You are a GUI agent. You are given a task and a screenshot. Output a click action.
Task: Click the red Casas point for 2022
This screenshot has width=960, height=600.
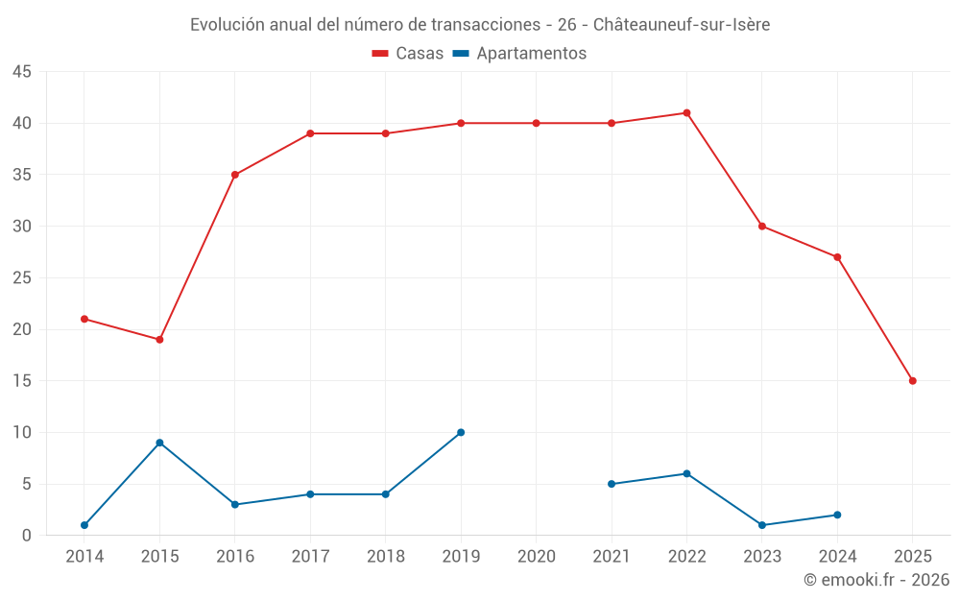click(686, 113)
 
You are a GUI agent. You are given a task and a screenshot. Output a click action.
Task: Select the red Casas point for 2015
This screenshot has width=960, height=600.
click(159, 340)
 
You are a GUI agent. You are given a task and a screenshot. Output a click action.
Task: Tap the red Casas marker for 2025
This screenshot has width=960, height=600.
click(912, 381)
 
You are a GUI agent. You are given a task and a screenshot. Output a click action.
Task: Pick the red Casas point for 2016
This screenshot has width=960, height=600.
click(235, 175)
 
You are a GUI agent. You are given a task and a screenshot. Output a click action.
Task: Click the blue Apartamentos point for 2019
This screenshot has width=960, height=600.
click(461, 432)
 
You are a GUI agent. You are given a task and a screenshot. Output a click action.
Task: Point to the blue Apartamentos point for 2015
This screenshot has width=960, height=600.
click(159, 443)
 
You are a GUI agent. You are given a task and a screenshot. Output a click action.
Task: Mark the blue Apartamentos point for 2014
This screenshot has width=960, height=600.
click(84, 525)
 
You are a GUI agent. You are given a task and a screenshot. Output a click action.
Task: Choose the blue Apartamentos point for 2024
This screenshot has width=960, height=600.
click(837, 515)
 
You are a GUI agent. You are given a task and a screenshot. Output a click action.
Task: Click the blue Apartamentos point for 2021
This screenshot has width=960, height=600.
click(612, 484)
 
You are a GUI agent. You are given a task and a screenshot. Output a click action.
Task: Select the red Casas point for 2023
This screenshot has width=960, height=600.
click(762, 227)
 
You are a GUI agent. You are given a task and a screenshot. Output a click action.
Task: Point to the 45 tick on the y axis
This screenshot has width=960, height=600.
click(22, 72)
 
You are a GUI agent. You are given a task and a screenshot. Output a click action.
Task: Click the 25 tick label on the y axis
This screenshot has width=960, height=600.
click(22, 278)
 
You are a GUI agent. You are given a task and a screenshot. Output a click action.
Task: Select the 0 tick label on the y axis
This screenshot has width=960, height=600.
click(27, 536)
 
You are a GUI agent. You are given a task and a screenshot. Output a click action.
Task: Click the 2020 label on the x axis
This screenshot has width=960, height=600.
click(536, 557)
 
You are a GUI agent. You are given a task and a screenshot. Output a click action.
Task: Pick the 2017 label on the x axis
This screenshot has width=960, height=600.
click(310, 557)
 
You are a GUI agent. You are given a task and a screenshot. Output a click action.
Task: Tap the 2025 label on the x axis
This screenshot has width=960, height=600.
click(912, 557)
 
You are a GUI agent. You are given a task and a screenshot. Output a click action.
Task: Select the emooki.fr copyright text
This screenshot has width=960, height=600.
click(876, 580)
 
